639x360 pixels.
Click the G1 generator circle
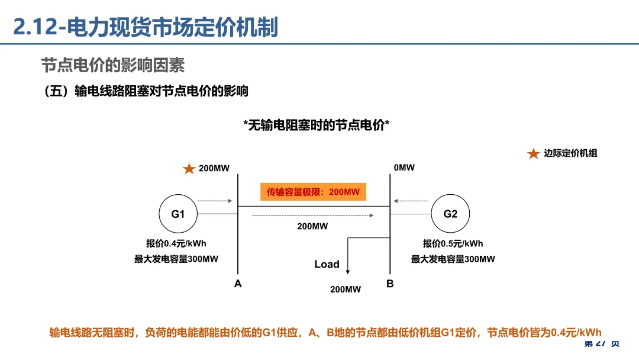(x=178, y=214)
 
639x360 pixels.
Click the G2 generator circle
(x=450, y=214)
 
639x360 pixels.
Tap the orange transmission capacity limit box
(x=313, y=192)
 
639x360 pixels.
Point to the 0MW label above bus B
(x=404, y=168)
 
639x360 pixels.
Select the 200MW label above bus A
(x=214, y=168)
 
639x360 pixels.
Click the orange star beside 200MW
(x=189, y=169)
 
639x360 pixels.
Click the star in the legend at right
(x=533, y=154)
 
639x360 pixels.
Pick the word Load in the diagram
(x=327, y=264)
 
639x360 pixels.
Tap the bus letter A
(x=238, y=284)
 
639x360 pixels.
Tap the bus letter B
(x=390, y=284)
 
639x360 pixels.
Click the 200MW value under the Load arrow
(x=346, y=289)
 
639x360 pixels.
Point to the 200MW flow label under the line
(x=312, y=226)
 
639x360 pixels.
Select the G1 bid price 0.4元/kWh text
(x=176, y=243)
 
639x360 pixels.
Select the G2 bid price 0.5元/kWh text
(x=453, y=243)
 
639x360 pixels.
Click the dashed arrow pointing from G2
(x=412, y=200)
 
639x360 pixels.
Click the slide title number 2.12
(x=35, y=28)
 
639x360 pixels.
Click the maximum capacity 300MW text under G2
(x=453, y=259)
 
